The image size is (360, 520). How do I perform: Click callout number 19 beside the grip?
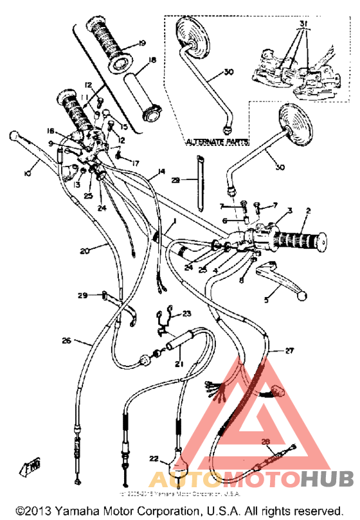point(141,44)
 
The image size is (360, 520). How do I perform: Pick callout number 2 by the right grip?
point(308,211)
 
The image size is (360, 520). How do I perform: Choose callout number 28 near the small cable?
point(266,441)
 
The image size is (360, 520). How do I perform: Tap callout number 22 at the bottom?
point(153,458)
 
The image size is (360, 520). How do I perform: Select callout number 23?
point(186,313)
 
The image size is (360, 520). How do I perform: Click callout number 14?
point(161,172)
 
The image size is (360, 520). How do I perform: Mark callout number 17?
point(136,163)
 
